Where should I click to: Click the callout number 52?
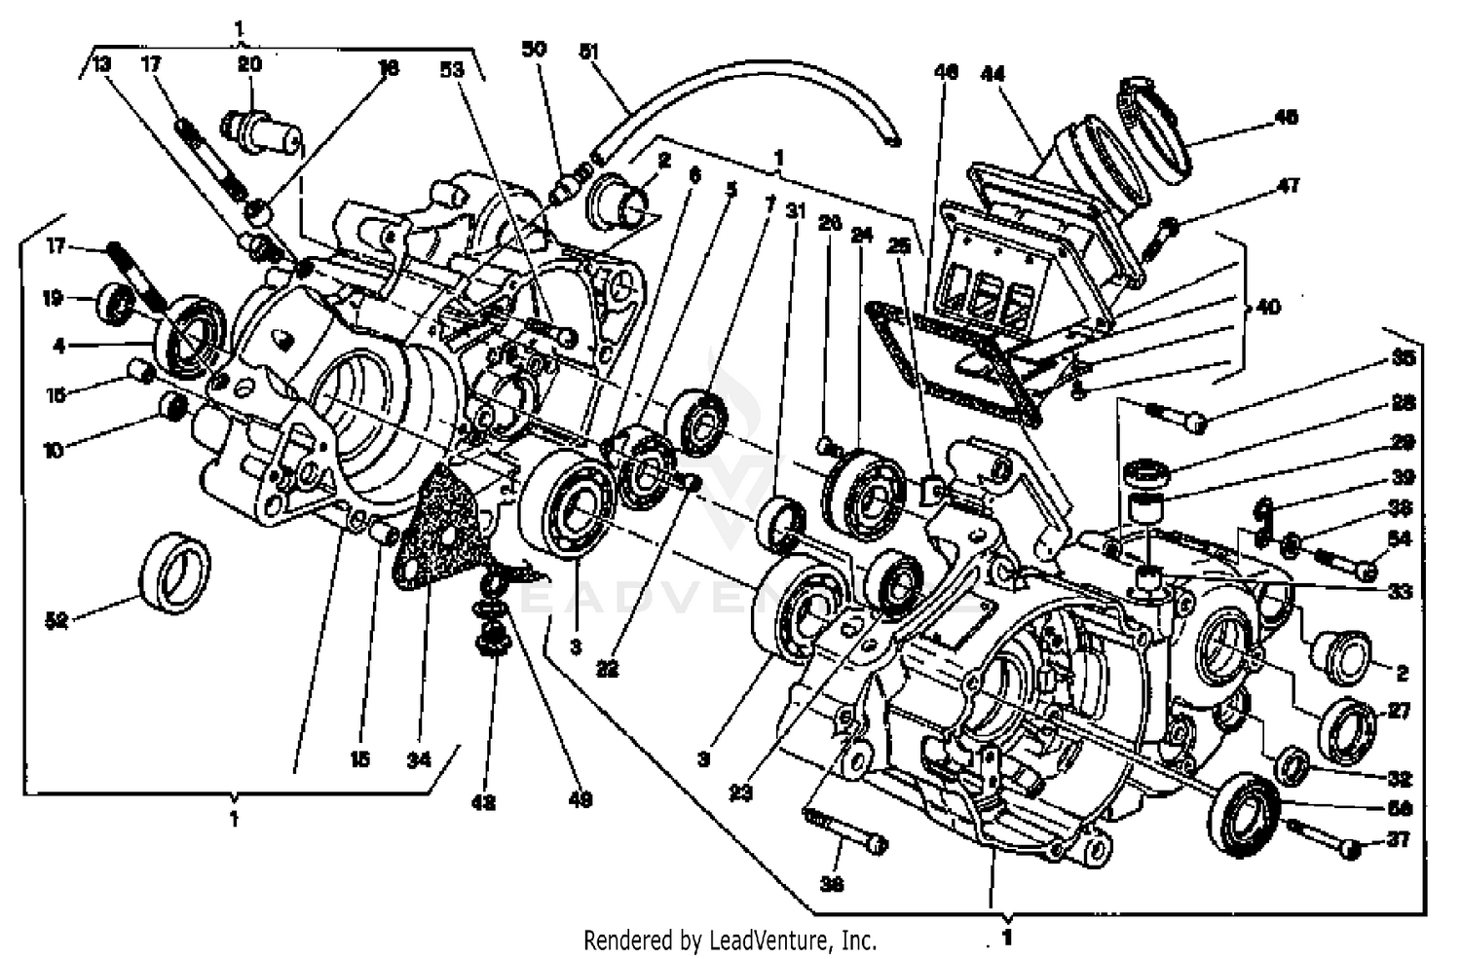coord(57,620)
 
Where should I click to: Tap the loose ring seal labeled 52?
coord(175,573)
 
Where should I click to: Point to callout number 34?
coord(418,759)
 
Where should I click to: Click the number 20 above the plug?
coord(249,64)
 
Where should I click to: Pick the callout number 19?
coord(53,298)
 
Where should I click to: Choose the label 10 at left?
coord(53,450)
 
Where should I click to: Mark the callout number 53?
coord(452,70)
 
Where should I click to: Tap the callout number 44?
coord(993,73)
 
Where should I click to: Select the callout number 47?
coord(1288,185)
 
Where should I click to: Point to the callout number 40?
coord(1267,307)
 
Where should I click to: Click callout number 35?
coord(1402,358)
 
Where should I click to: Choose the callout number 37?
coord(1399,838)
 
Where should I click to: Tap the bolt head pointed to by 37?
coord(1349,849)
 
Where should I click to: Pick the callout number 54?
coord(1399,538)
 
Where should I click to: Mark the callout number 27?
coord(1399,712)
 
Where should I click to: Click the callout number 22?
coord(607,670)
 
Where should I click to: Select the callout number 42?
coord(483,802)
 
